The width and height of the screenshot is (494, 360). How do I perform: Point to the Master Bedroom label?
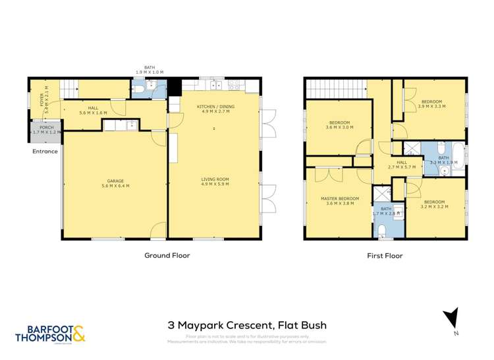pos(340,201)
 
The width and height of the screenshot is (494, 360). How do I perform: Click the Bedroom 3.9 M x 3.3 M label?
pos(433,104)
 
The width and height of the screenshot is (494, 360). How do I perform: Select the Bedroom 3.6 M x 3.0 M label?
pos(340,125)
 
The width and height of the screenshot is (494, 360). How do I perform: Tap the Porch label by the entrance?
pos(46,129)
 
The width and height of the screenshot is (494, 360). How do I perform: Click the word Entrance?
pos(45,151)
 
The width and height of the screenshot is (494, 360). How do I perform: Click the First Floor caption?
pos(385,255)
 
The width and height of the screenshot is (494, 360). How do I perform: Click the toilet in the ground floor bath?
pos(140,89)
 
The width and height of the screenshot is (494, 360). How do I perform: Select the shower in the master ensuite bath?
pos(381,195)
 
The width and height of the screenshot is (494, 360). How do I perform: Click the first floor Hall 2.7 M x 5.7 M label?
pos(401,165)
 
